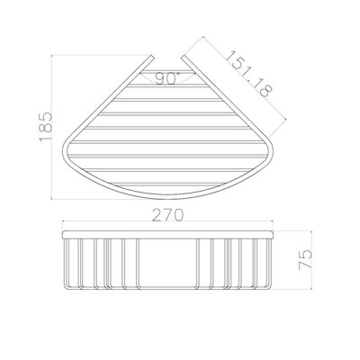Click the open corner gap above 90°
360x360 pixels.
163,65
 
